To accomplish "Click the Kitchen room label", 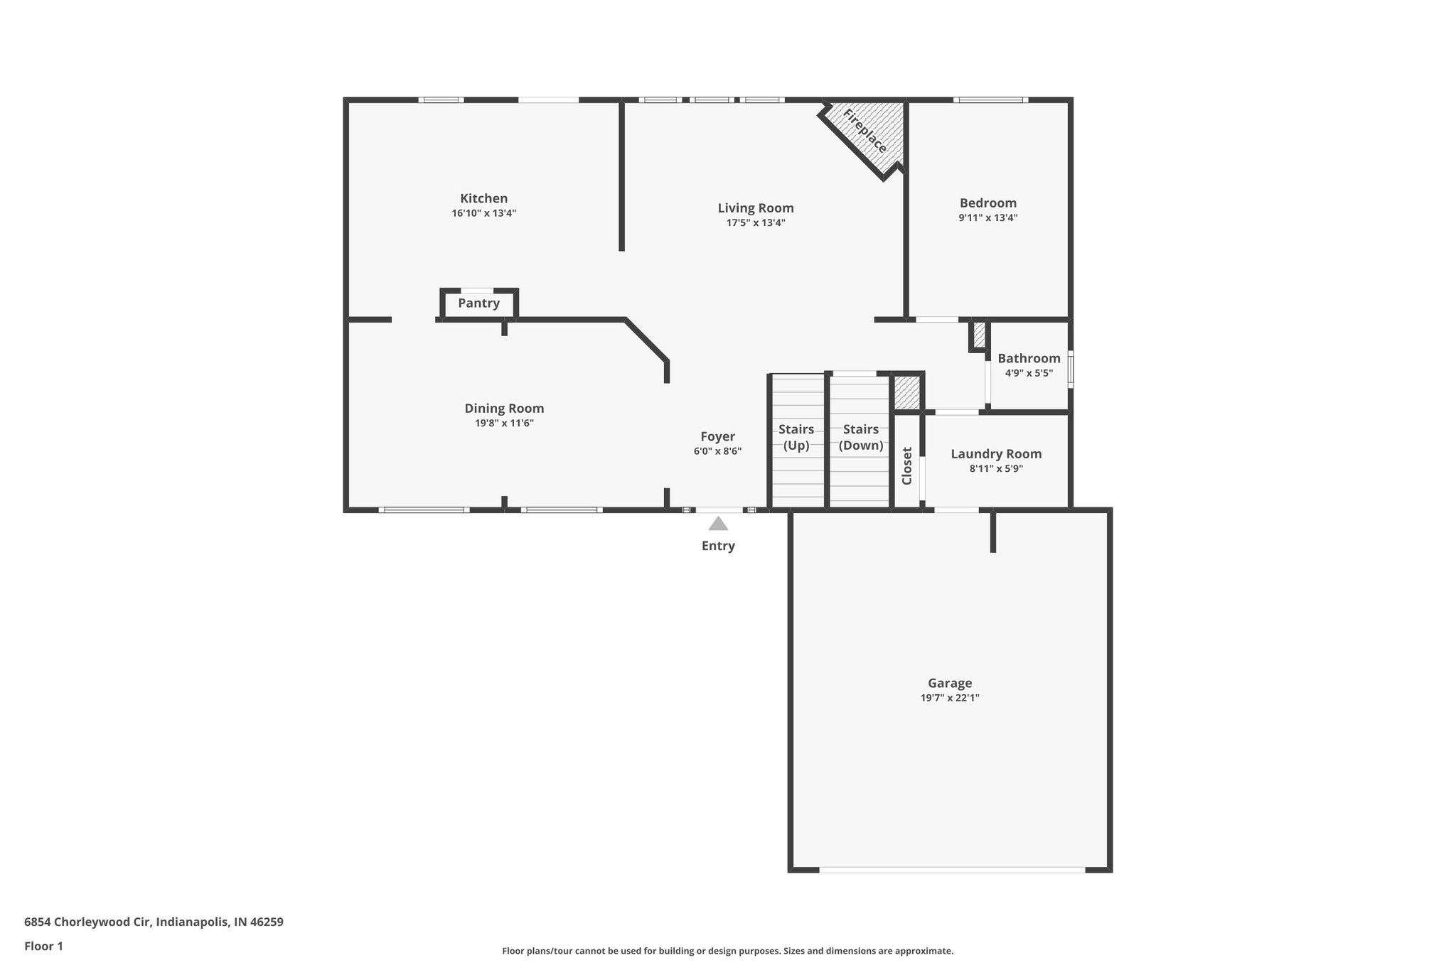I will point(483,199).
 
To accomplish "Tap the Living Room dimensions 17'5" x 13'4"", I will point(755,223).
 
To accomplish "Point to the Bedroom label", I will point(987,203).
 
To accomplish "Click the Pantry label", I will point(478,303).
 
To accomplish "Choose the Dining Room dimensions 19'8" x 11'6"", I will point(504,424).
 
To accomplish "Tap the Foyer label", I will point(717,437).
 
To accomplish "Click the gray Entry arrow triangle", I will point(718,524).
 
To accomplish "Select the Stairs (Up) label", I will point(796,437).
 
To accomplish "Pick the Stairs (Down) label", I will point(861,437).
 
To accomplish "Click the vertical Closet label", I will point(907,465).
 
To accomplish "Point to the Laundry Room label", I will point(996,454).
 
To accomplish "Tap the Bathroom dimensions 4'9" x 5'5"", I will point(1029,373).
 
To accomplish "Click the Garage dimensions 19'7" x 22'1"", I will point(950,698).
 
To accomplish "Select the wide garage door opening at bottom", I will point(951,869).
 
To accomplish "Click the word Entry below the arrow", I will point(718,546).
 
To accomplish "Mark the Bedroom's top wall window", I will point(990,100).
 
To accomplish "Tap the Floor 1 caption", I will point(43,946).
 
